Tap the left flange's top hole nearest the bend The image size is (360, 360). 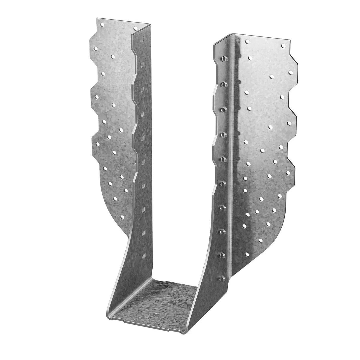[135, 28]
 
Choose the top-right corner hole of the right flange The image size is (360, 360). [283, 46]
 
